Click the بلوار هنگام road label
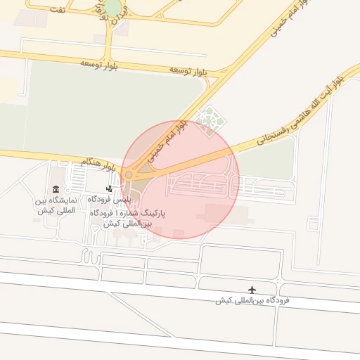pos(98,164)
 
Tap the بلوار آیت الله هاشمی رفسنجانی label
pos(298,109)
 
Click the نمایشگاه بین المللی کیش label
pos(56,206)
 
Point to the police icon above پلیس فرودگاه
pos(108,188)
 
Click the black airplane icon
pos(252,290)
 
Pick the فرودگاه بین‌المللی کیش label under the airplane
pos(252,300)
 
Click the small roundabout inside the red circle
pos(128,174)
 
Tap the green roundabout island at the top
pos(112,7)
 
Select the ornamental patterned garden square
pos(208,120)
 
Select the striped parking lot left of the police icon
pos(77,180)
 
